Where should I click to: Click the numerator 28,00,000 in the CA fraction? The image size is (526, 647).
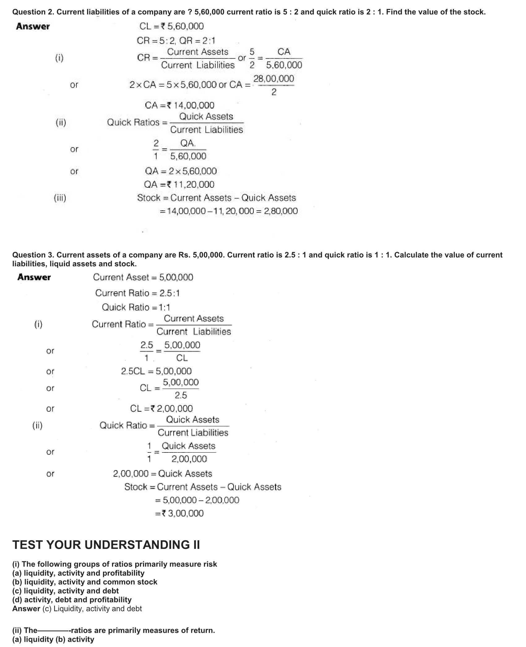coord(274,79)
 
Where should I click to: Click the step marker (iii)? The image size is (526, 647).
coord(60,198)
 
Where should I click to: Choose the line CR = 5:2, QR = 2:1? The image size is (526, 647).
coord(176,41)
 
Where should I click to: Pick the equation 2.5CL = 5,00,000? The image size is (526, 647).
coord(156,371)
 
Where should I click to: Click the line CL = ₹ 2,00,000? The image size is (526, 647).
coord(161,409)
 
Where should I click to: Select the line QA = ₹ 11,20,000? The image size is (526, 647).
coord(179,185)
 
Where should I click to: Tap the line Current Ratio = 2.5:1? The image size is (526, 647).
coord(137,293)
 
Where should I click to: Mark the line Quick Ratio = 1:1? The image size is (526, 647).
coord(136,307)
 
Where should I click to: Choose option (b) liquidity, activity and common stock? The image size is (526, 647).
coord(85,582)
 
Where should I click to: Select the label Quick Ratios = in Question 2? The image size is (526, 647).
coord(137,122)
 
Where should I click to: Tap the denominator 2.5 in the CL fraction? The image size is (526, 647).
coord(181,395)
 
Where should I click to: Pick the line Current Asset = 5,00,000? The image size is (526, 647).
coord(143,277)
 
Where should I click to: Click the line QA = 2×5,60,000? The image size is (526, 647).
coord(181,171)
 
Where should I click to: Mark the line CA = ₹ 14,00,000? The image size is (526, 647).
coord(179,105)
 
